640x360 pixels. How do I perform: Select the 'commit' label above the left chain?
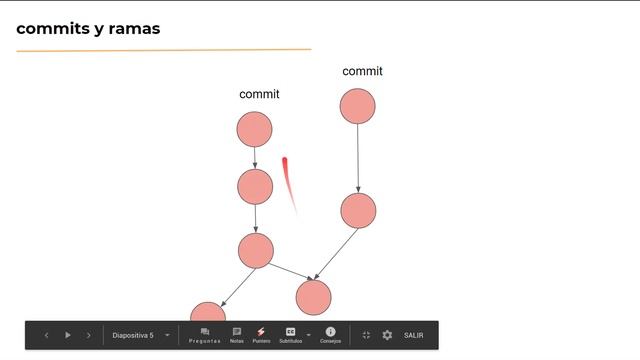[259, 94]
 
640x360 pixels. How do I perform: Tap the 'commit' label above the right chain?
[362, 71]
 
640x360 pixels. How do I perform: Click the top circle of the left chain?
[255, 129]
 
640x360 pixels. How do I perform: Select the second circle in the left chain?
[255, 186]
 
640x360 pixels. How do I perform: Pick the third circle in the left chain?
[256, 250]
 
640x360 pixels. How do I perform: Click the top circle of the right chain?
[357, 106]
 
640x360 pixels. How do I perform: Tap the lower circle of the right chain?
[357, 210]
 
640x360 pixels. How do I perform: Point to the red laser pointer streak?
[288, 180]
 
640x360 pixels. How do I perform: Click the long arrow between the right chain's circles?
[357, 158]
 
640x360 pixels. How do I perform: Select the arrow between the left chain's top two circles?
[255, 157]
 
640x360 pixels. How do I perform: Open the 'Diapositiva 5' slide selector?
[140, 335]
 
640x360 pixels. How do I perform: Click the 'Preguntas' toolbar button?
[205, 335]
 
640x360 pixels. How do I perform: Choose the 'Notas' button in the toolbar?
[237, 335]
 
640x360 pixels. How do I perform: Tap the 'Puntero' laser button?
[261, 335]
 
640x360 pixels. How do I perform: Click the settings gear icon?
[387, 335]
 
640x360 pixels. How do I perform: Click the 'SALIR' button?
[414, 335]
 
